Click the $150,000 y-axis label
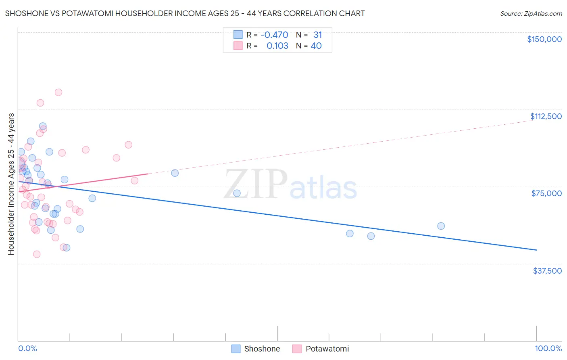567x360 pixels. point(544,39)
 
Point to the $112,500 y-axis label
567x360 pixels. point(546,116)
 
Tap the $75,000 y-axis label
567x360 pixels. point(546,193)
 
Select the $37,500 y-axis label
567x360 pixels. point(547,271)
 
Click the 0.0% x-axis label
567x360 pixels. point(27,348)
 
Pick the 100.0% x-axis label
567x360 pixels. point(548,348)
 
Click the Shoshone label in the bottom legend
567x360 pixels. point(262,349)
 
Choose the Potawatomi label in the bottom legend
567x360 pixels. point(327,349)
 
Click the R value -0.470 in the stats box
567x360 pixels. point(274,35)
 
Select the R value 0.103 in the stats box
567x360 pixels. point(277,46)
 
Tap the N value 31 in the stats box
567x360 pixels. point(318,35)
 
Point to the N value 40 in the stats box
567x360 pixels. point(316,46)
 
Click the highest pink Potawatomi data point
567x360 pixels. point(58,92)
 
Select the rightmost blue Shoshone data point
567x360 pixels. point(441,226)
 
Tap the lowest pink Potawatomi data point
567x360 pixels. point(37,254)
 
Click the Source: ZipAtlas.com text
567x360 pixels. point(531,14)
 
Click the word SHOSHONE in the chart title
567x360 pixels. point(25,13)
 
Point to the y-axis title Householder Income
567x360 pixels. point(11,184)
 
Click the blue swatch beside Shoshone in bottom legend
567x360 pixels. point(236,349)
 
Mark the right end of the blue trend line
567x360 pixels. point(536,250)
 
